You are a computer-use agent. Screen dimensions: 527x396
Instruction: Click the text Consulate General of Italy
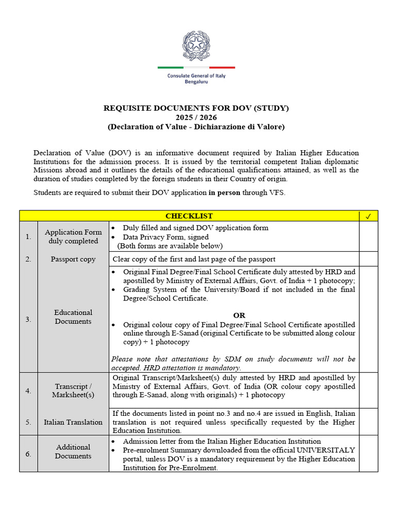pyautogui.click(x=196, y=76)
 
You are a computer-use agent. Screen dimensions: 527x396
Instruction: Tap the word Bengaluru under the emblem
pyautogui.click(x=196, y=82)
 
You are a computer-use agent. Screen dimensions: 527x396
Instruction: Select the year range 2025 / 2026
pyautogui.click(x=196, y=117)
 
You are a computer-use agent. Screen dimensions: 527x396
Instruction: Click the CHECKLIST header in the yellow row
pyautogui.click(x=189, y=216)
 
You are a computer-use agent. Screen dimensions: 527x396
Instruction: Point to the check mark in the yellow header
pyautogui.click(x=368, y=216)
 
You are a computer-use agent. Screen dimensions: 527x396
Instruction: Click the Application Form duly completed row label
pyautogui.click(x=73, y=237)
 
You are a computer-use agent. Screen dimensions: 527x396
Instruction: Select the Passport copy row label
pyautogui.click(x=73, y=259)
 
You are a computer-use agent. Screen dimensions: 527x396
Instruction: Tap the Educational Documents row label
pyautogui.click(x=73, y=317)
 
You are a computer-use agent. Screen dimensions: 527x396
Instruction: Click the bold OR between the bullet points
pyautogui.click(x=239, y=315)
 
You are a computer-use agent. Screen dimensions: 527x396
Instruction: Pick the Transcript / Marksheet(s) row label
pyautogui.click(x=73, y=391)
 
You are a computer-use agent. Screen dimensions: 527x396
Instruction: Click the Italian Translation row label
pyautogui.click(x=73, y=422)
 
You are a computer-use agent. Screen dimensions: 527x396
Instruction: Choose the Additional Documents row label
pyautogui.click(x=73, y=452)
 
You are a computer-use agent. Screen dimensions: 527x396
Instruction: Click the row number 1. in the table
pyautogui.click(x=28, y=237)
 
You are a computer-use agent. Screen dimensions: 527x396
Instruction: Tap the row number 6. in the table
pyautogui.click(x=28, y=454)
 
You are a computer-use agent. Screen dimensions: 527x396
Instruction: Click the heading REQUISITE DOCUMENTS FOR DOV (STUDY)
pyautogui.click(x=196, y=108)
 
